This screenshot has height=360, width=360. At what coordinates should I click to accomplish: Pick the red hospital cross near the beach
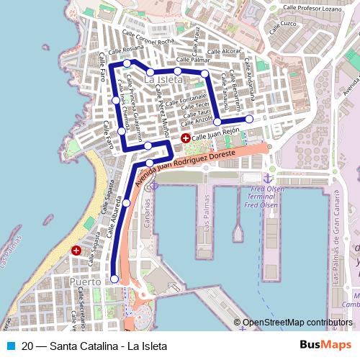click(x=76, y=251)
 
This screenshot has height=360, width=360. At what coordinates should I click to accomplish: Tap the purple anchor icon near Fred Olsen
click(x=267, y=177)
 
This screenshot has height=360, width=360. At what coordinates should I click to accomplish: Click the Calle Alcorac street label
click(x=221, y=52)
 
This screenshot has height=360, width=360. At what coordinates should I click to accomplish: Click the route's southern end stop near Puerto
click(x=114, y=279)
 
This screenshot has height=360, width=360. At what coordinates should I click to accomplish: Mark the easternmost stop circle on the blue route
click(x=249, y=119)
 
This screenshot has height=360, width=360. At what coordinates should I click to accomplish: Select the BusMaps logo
click(x=326, y=346)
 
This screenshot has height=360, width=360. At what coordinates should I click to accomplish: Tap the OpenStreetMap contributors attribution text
click(x=297, y=323)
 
